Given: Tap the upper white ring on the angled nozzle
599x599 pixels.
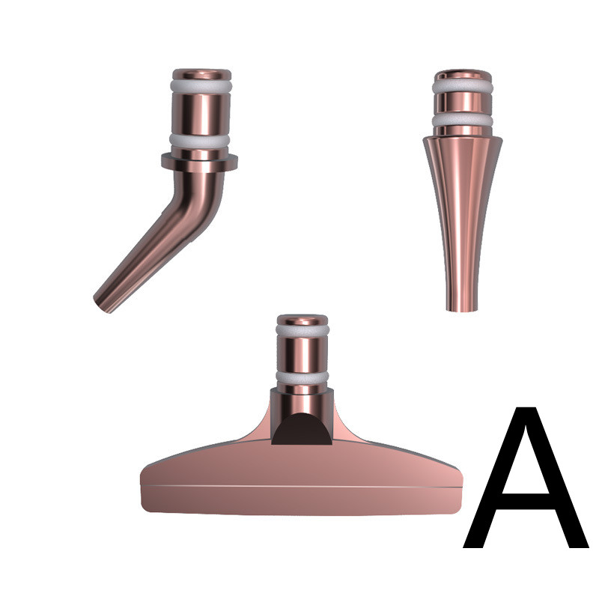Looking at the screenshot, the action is pyautogui.click(x=201, y=86).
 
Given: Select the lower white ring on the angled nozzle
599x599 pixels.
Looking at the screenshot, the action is pyautogui.click(x=199, y=141).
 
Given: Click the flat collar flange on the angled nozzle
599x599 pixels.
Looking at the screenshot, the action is pyautogui.click(x=199, y=162).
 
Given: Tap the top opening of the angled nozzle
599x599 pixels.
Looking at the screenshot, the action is pyautogui.click(x=201, y=73).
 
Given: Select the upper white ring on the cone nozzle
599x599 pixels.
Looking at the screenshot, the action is pyautogui.click(x=463, y=87).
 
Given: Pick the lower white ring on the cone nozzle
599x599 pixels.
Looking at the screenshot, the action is pyautogui.click(x=462, y=121).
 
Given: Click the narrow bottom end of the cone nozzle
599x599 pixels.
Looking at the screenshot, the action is pyautogui.click(x=462, y=308).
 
